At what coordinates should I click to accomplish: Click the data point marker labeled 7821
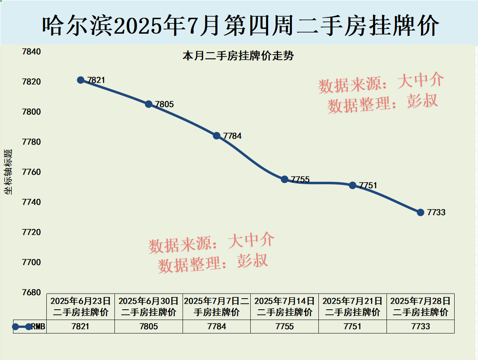[81, 80]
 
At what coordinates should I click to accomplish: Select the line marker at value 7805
[149, 104]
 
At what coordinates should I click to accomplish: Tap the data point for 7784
[217, 135]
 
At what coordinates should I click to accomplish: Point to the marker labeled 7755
[285, 179]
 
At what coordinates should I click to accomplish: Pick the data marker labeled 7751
[353, 185]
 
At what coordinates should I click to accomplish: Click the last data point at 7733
[421, 212]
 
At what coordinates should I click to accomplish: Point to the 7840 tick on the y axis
[31, 52]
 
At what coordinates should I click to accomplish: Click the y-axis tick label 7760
[31, 172]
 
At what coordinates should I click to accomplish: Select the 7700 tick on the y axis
[31, 262]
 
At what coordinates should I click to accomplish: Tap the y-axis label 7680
[31, 292]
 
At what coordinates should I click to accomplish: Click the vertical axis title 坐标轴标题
[8, 172]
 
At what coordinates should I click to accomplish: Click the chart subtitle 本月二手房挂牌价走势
[238, 56]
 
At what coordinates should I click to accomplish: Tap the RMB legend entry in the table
[30, 327]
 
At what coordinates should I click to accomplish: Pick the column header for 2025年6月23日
[81, 307]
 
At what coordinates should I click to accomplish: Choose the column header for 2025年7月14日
[285, 307]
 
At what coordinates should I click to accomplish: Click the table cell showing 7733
[421, 327]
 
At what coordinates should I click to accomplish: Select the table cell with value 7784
[217, 327]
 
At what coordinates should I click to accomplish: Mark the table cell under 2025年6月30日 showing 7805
[149, 327]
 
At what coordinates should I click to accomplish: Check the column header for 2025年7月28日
[421, 307]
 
